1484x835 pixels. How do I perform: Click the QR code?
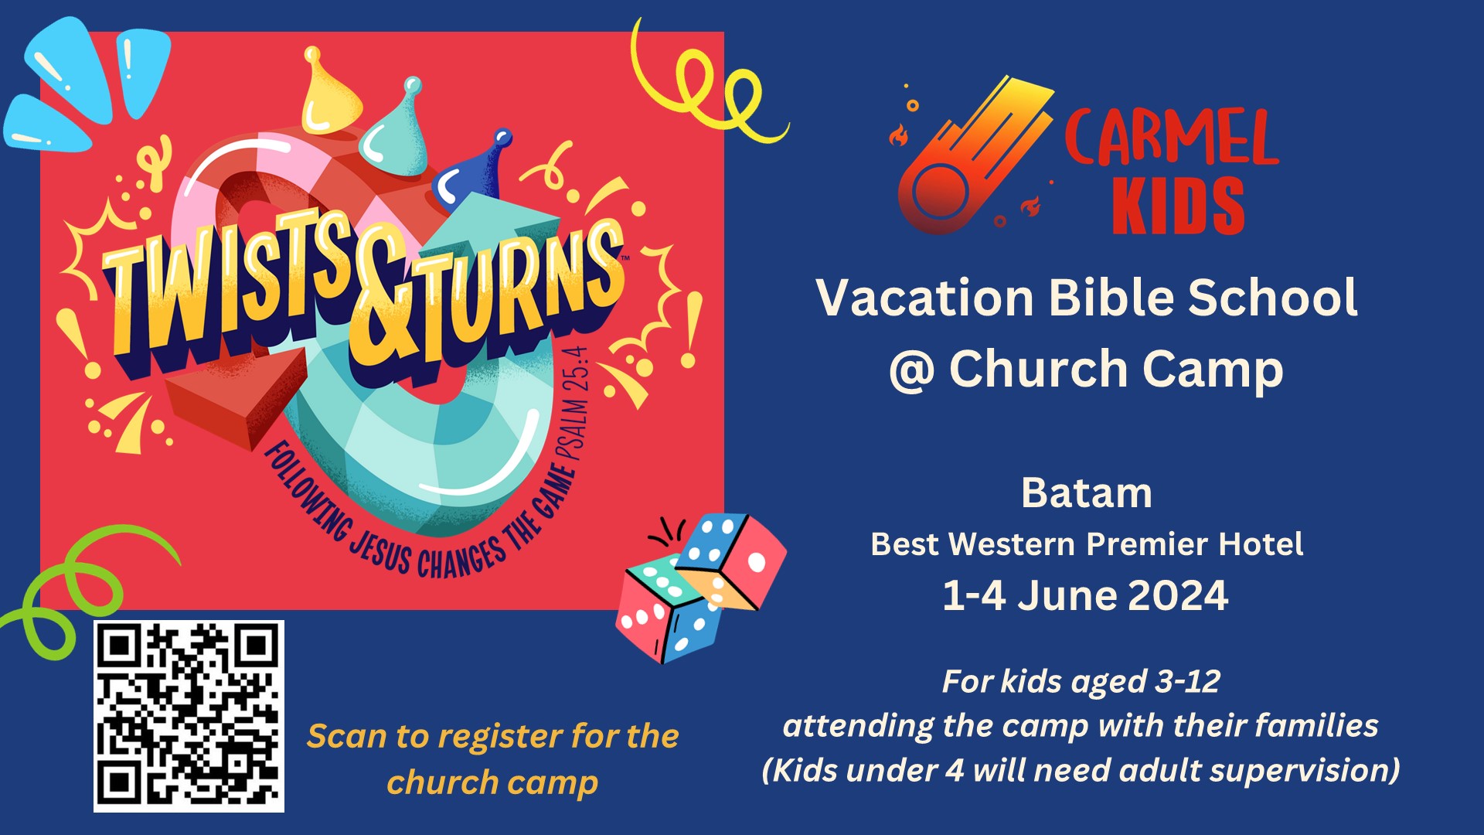[189, 716]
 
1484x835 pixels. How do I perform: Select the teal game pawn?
[399, 131]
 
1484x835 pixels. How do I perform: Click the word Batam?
[1086, 493]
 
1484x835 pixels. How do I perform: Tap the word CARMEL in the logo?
[1170, 138]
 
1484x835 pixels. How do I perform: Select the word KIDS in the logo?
[1178, 206]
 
